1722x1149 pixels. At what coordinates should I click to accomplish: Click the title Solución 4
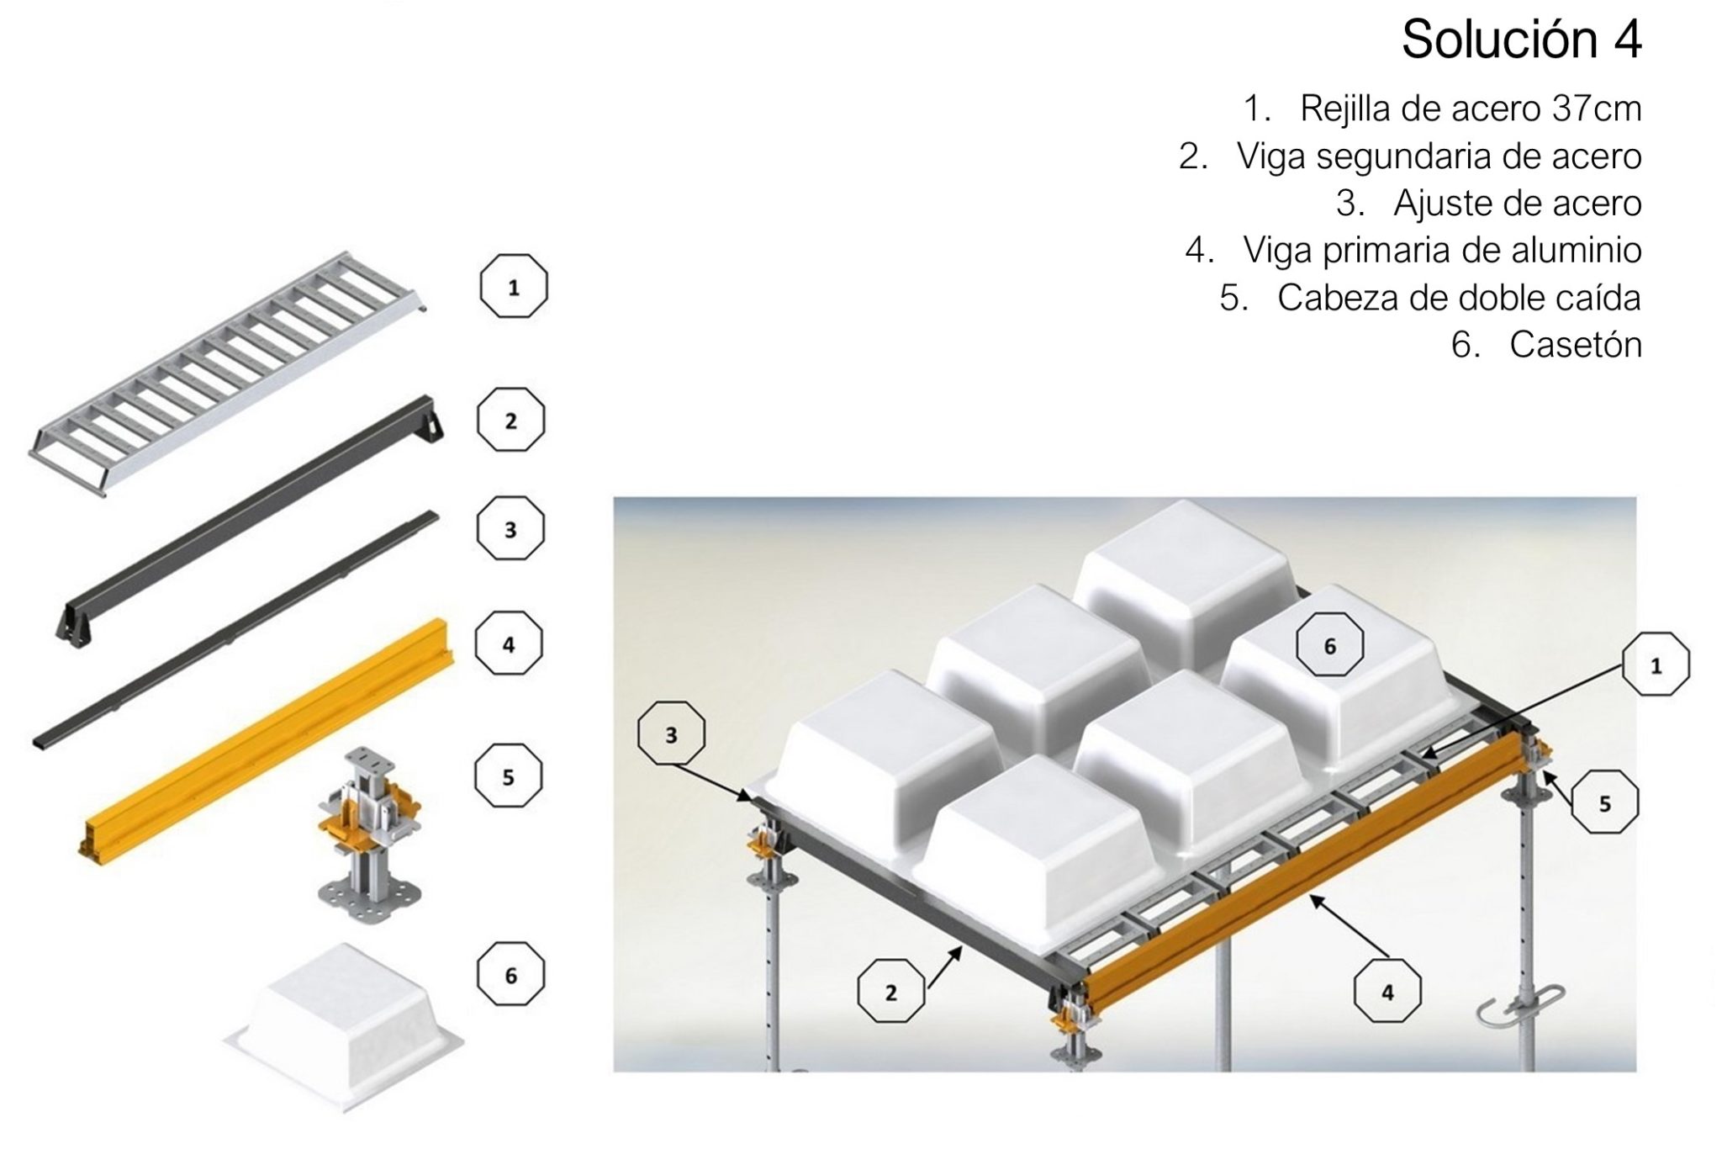pyautogui.click(x=1520, y=40)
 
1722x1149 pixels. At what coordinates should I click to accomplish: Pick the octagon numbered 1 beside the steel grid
pyautogui.click(x=513, y=288)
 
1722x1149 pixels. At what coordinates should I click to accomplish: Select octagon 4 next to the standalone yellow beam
pyautogui.click(x=509, y=645)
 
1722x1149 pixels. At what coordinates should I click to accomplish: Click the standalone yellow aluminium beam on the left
pyautogui.click(x=269, y=740)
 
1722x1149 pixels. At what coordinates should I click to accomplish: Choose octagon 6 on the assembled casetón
pyautogui.click(x=1329, y=646)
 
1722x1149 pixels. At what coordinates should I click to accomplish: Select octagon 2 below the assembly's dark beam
pyautogui.click(x=890, y=993)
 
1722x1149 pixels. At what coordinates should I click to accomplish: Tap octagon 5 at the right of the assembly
pyautogui.click(x=1604, y=804)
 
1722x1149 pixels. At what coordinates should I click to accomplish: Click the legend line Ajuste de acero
pyautogui.click(x=1488, y=204)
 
